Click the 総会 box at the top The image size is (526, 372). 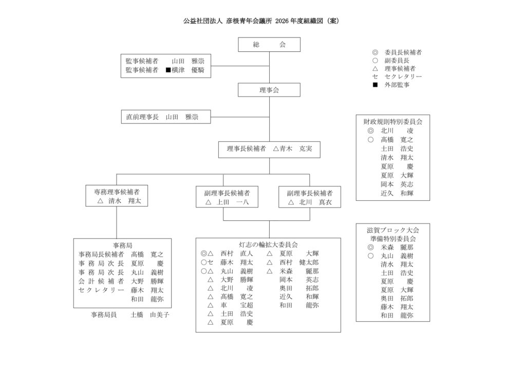click(x=269, y=45)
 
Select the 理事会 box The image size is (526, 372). click(x=269, y=90)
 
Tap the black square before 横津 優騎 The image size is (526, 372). click(x=168, y=70)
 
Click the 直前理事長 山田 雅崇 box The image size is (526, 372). click(x=166, y=117)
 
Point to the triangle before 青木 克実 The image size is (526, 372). click(x=276, y=148)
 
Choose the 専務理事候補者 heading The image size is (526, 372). click(x=117, y=192)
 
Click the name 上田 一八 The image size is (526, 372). click(x=233, y=202)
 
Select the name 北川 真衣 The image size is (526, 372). click(x=315, y=202)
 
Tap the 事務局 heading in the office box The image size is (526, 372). click(x=122, y=246)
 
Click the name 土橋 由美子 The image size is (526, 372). click(x=150, y=314)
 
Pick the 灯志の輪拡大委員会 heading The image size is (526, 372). click(x=268, y=245)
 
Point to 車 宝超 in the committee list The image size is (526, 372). click(x=236, y=305)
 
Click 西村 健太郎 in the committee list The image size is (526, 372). click(x=299, y=263)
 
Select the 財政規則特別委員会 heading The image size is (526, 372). click(x=393, y=122)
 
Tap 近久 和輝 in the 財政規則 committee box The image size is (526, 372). click(x=397, y=193)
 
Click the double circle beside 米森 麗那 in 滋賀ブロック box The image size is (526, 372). click(x=370, y=247)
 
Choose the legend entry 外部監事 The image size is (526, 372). click(x=397, y=85)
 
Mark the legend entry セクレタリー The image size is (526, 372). click(x=403, y=77)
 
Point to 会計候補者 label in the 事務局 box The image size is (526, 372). click(x=101, y=281)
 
